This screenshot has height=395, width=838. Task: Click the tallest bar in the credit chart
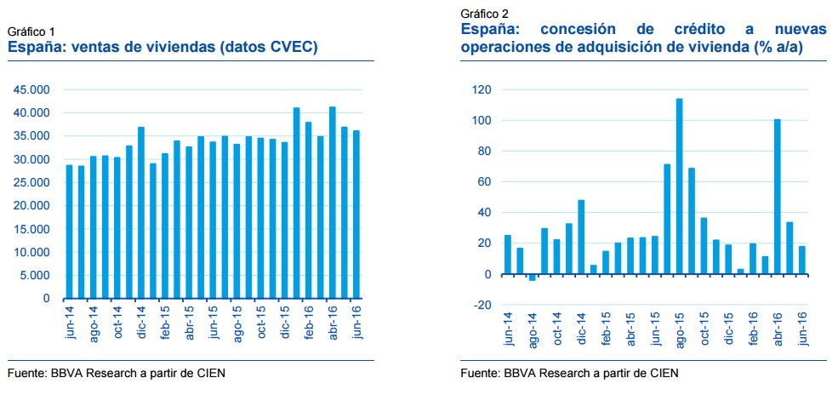point(680,186)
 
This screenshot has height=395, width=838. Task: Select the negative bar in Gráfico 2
point(533,278)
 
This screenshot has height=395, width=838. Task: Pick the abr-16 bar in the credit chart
point(778,197)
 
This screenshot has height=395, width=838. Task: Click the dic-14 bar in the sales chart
point(141,213)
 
